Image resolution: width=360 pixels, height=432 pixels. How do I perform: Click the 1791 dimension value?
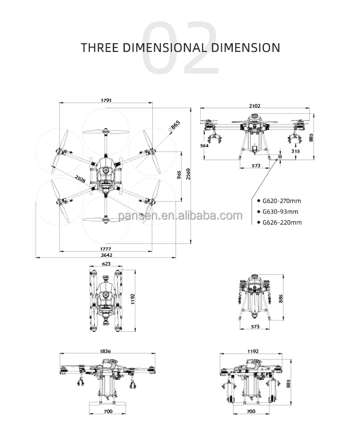pos(106,100)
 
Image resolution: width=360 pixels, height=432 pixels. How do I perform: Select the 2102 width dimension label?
pos(254,105)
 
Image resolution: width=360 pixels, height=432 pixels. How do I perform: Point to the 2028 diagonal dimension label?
pos(80,180)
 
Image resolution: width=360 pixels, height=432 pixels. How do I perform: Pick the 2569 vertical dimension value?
pos(189,174)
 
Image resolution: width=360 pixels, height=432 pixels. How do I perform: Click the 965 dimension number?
pos(179,174)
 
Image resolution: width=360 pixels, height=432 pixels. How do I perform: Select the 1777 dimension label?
pos(106,249)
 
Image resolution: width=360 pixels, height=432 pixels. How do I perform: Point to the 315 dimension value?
pos(296,151)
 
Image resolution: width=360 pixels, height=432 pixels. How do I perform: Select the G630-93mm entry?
pos(279,212)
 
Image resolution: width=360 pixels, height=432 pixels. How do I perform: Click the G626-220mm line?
pos(281,222)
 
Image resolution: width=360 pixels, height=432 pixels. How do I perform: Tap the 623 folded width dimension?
pos(106,264)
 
